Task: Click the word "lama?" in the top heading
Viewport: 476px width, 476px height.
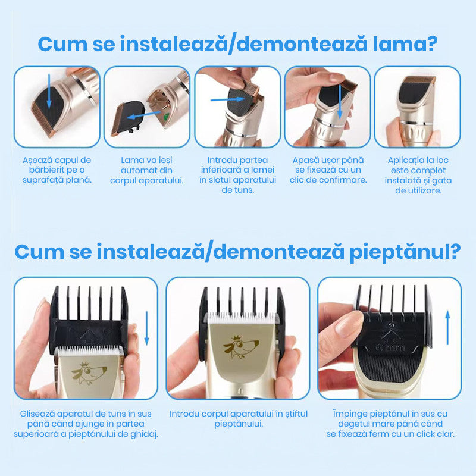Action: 405,44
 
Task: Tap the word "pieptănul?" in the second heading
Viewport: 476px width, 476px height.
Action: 405,252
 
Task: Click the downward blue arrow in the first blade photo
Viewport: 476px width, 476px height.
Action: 49,92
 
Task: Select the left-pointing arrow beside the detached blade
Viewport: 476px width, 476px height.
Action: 143,115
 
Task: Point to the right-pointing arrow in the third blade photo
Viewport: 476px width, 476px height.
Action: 228,99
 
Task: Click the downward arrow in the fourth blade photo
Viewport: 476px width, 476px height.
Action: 340,102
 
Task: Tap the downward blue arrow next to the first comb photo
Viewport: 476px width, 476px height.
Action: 147,328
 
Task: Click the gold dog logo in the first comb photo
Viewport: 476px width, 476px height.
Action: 89,372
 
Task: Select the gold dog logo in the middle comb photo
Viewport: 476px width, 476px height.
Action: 241,347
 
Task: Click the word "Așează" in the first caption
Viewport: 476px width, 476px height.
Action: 35,160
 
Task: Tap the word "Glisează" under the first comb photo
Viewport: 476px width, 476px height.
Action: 37,414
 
